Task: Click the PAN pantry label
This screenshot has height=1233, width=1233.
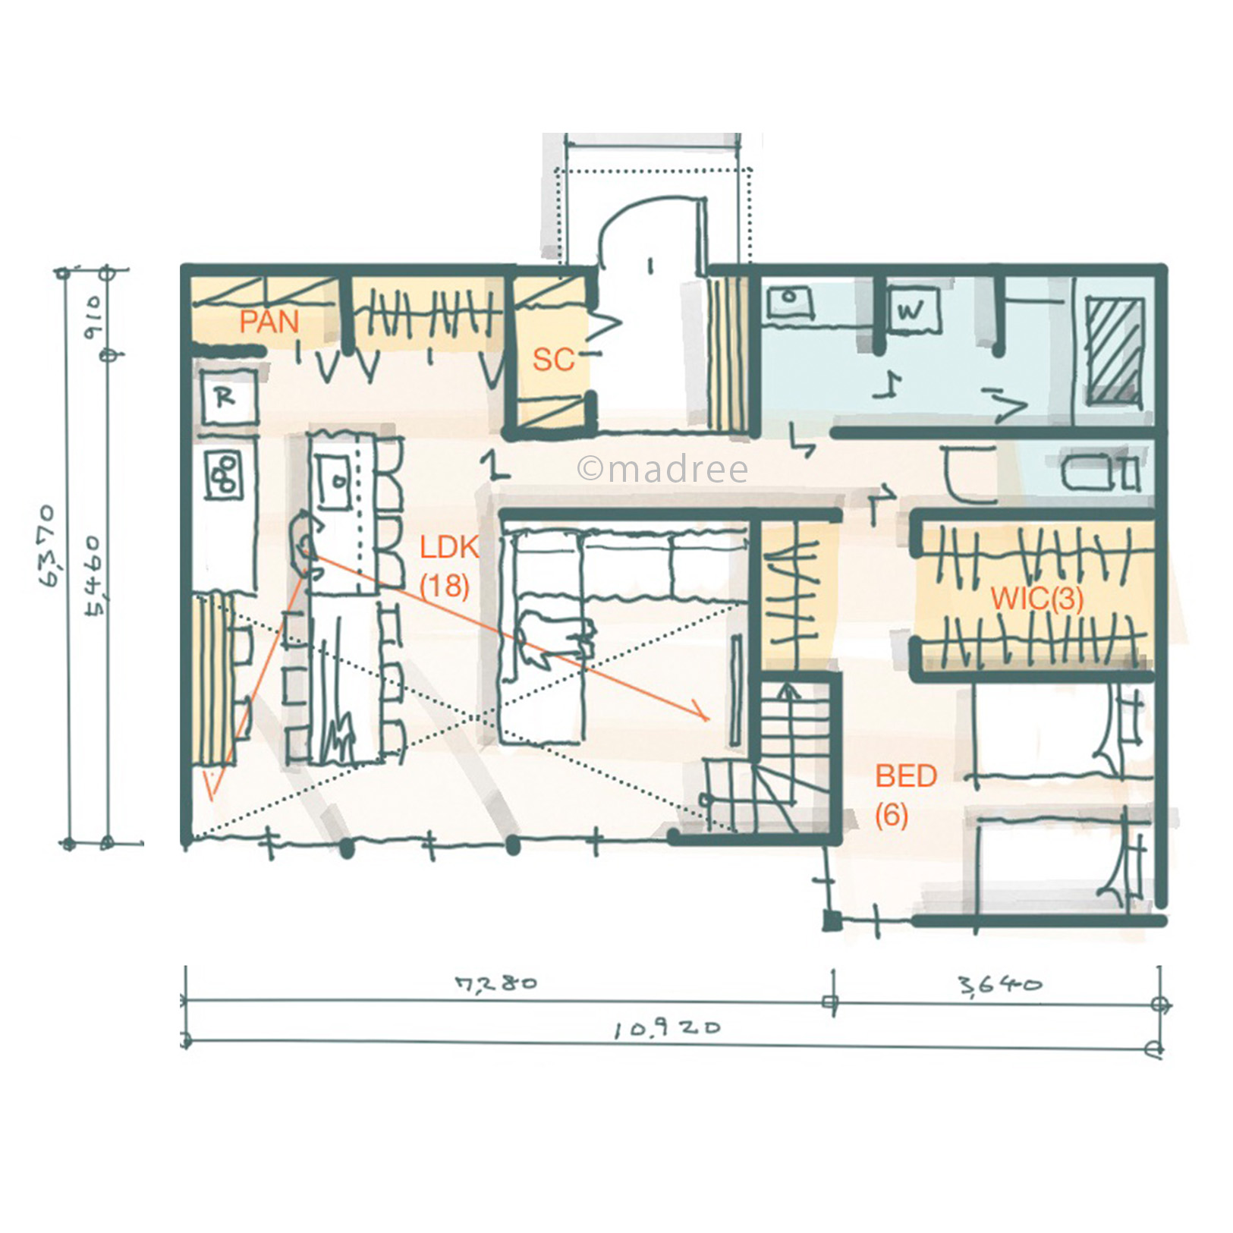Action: (x=269, y=322)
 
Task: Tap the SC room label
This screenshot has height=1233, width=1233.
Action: (x=553, y=360)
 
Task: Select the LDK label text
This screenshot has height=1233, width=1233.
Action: (x=449, y=547)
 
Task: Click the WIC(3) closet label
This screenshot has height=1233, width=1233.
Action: (x=1036, y=599)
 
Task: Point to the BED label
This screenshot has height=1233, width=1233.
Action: (x=906, y=776)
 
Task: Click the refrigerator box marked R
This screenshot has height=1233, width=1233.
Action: (x=226, y=398)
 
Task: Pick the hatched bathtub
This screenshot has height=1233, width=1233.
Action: (x=1114, y=350)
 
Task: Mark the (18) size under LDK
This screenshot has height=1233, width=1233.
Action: (x=445, y=586)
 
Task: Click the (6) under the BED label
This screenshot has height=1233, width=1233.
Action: (x=892, y=816)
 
